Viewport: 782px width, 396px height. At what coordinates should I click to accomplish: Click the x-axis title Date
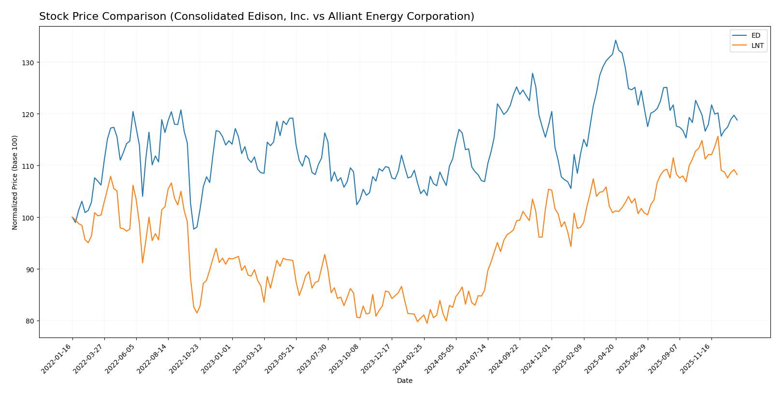(x=404, y=381)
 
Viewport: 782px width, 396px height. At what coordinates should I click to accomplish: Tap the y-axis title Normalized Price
(x=15, y=182)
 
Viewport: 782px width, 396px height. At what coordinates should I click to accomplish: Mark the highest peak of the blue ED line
(x=615, y=40)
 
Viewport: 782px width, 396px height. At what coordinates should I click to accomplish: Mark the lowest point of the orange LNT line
(x=427, y=323)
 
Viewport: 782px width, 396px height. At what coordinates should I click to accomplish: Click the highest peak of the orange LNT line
(x=718, y=136)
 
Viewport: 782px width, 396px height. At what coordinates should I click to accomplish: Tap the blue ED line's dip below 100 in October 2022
(x=194, y=229)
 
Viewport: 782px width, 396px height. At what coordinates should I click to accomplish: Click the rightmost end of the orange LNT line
(x=737, y=175)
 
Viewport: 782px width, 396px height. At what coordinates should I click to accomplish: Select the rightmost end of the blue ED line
(x=737, y=120)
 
